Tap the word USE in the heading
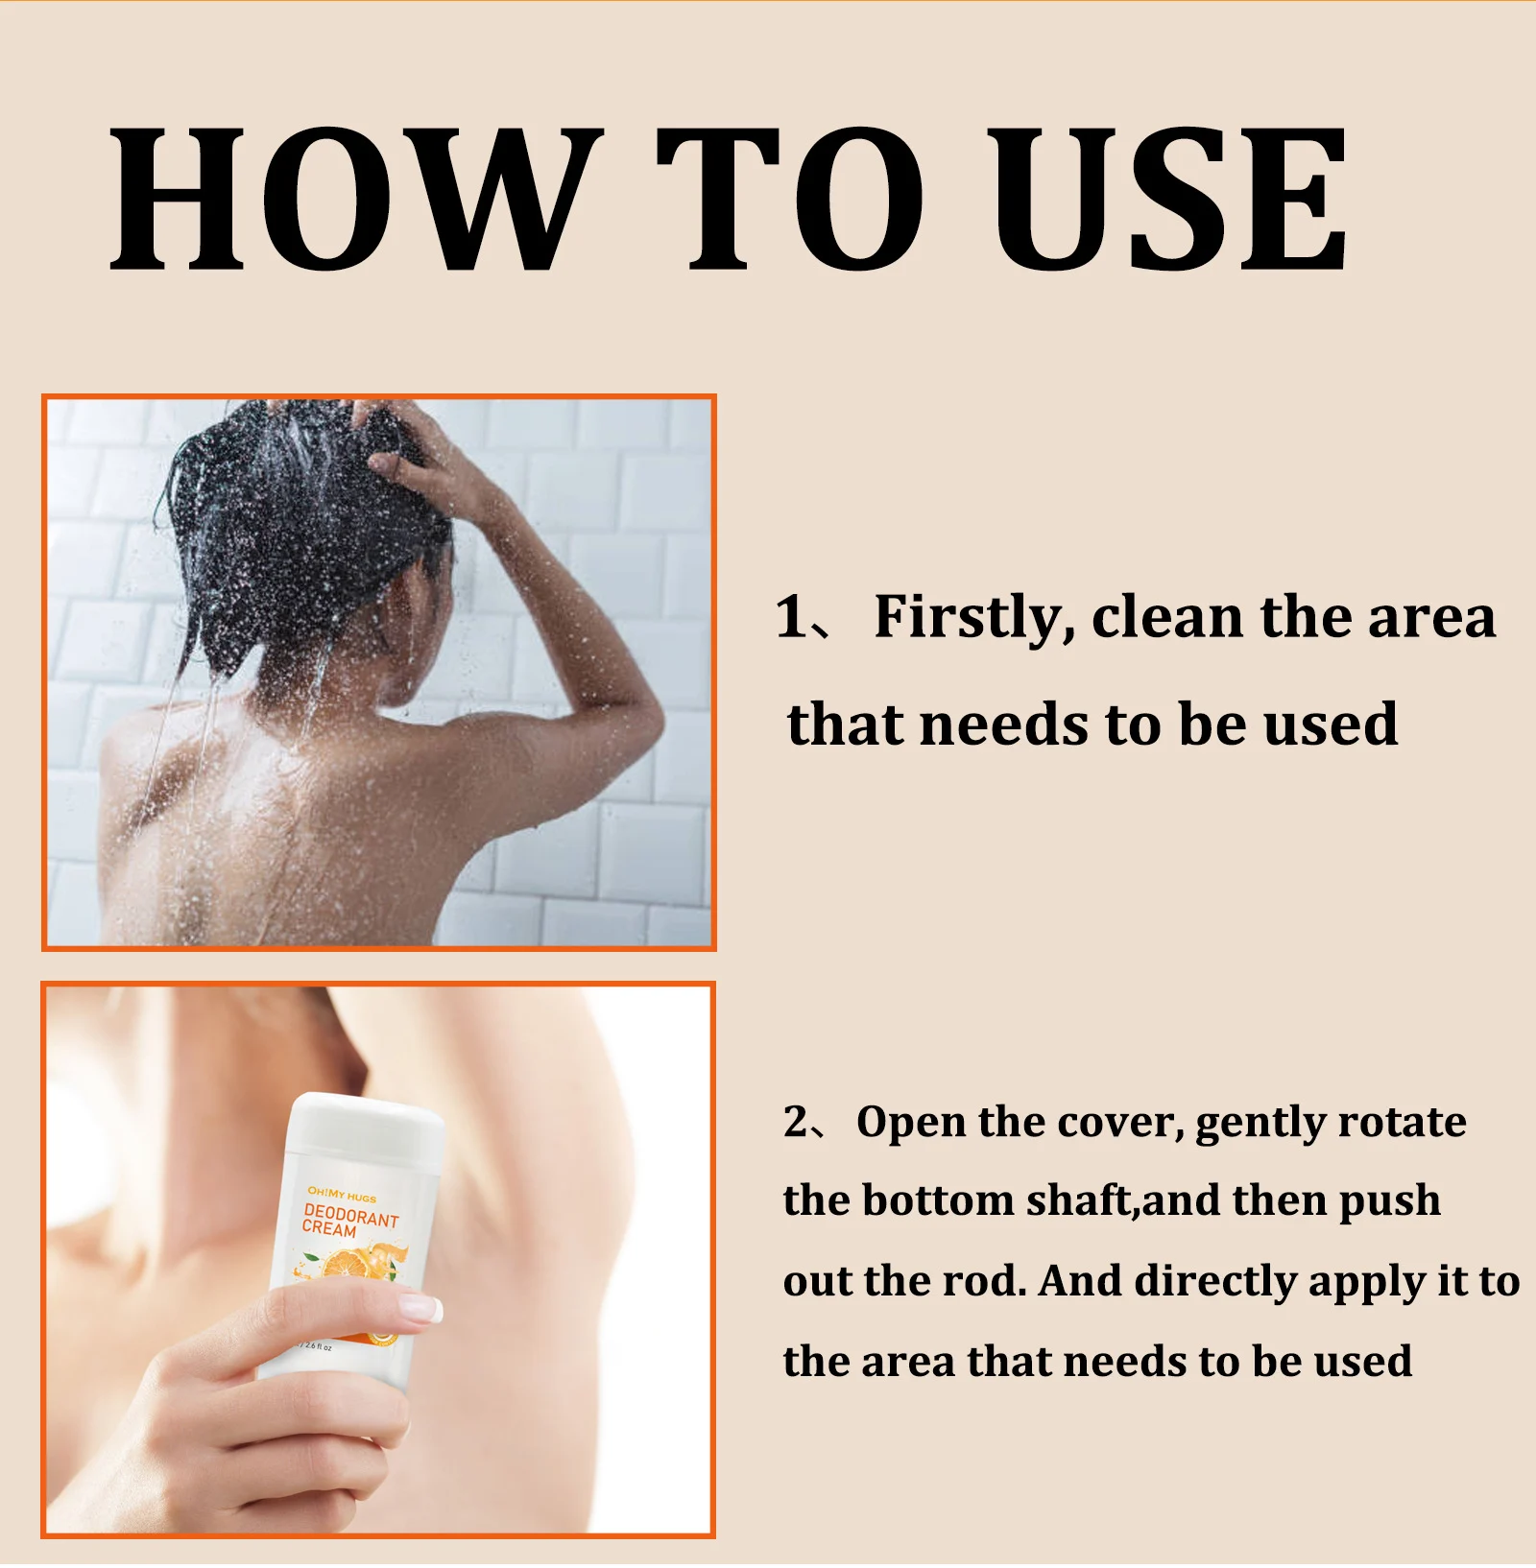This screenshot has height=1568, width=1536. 1170,199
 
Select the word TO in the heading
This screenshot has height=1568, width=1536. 789,199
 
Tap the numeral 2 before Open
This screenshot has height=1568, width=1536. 796,1122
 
